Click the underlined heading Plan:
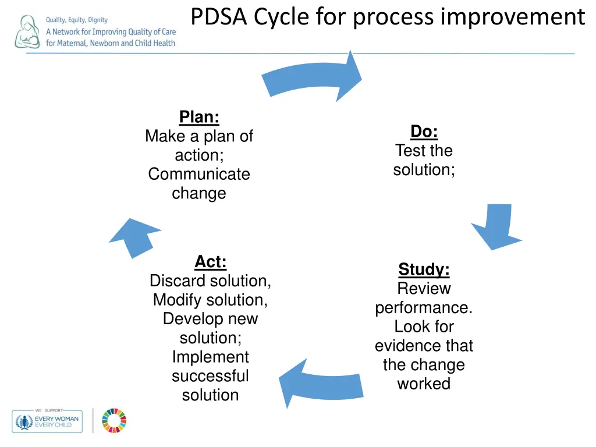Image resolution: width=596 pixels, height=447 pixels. coord(199,117)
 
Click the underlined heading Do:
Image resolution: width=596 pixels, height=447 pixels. coord(424,132)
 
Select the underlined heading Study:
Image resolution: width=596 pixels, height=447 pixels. coord(424,269)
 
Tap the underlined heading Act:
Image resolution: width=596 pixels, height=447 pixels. coord(210,262)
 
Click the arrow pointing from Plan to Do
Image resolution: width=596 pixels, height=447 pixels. coord(314,78)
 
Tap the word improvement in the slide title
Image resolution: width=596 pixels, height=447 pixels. coord(512,17)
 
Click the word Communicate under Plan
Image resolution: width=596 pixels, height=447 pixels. coord(199,174)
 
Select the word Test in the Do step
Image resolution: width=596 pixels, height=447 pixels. coord(408,151)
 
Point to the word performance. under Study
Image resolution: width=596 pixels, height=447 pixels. coord(424,307)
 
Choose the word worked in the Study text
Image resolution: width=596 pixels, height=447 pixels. coord(424,384)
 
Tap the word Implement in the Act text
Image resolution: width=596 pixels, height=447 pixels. coord(210,357)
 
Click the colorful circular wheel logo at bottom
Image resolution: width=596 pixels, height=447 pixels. coord(114,420)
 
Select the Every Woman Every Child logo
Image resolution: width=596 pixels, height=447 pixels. coord(47,421)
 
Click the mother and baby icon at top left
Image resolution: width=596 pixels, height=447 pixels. coord(27,32)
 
